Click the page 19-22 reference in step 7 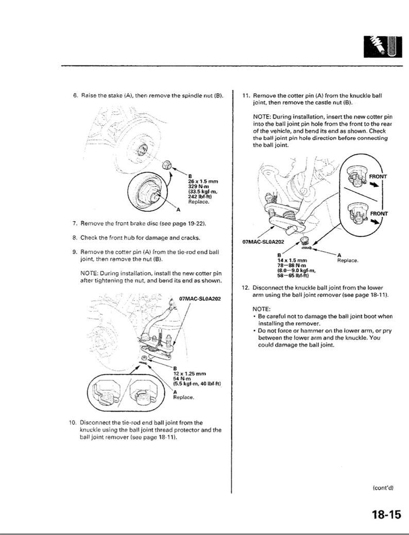pyautogui.click(x=187, y=224)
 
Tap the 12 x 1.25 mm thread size pyautogui.click(x=190, y=373)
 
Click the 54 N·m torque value pyautogui.click(x=182, y=378)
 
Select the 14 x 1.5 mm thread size pyautogui.click(x=292, y=260)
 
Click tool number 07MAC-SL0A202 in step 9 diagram pyautogui.click(x=200, y=298)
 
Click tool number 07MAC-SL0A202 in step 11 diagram pyautogui.click(x=263, y=242)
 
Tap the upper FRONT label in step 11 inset pyautogui.click(x=378, y=177)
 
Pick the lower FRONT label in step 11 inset pyautogui.click(x=379, y=213)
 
